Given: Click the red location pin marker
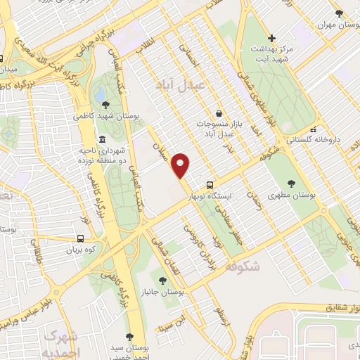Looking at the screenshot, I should [181, 165].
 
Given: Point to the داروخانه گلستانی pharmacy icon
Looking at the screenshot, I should [314, 129].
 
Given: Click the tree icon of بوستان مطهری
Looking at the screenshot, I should [291, 183].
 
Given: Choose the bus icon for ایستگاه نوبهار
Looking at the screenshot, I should [210, 185].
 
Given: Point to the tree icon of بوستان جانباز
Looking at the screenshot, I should [163, 280].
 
